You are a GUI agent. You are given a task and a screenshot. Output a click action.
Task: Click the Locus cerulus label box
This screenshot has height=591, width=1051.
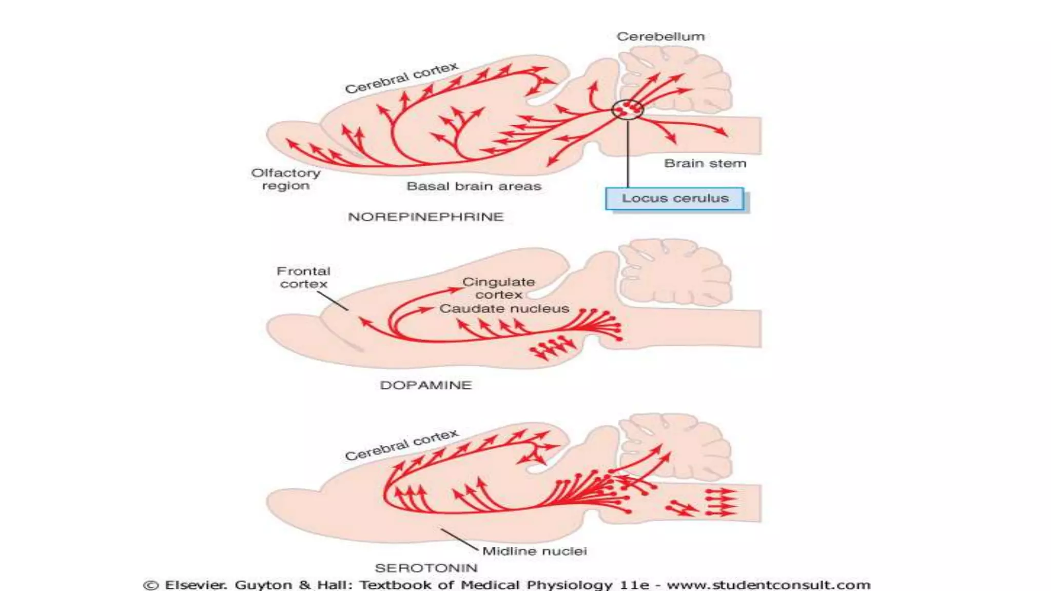point(674,199)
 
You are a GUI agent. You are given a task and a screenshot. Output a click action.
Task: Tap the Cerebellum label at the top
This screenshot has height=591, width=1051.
point(660,36)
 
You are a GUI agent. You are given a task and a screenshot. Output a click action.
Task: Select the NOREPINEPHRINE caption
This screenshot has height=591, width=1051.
point(426,217)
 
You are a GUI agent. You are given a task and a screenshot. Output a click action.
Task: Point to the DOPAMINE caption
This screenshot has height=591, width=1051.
point(425,385)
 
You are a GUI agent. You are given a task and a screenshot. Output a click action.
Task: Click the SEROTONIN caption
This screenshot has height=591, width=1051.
point(426,568)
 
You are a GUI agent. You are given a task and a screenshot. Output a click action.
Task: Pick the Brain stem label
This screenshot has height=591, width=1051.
point(705,163)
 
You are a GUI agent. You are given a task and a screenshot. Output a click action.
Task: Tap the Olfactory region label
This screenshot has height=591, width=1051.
point(286,179)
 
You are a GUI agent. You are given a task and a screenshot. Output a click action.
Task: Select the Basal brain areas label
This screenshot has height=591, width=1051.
point(474,186)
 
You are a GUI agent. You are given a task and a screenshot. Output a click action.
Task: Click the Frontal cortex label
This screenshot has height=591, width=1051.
point(303,278)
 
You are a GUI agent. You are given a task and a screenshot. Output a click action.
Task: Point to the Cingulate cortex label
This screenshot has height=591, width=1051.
point(499,288)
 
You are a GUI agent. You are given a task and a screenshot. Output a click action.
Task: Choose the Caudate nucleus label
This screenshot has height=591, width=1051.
point(504,308)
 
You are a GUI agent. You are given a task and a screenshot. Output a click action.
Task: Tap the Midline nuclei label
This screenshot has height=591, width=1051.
point(534,551)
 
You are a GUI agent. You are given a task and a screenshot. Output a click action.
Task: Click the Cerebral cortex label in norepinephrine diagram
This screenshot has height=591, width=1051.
point(401,78)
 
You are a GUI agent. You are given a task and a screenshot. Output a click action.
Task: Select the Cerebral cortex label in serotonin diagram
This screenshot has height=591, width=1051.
point(401,445)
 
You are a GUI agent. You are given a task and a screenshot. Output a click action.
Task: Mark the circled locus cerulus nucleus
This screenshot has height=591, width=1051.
point(627,109)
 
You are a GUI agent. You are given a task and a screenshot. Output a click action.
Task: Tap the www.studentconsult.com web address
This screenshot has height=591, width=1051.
point(768,585)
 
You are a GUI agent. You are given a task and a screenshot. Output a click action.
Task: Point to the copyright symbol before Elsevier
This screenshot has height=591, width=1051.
point(150,585)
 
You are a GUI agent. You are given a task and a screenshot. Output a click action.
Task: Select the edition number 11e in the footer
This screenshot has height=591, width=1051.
point(634,585)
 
